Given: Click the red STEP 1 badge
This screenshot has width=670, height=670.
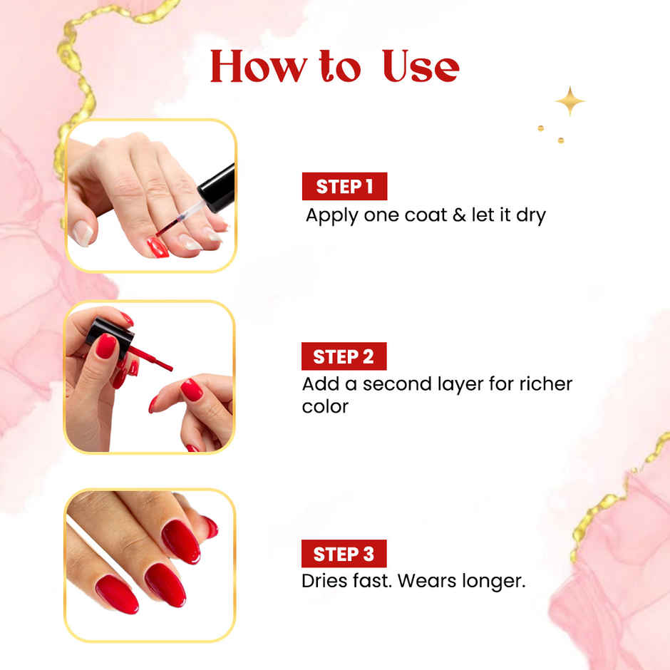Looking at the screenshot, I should click(344, 187).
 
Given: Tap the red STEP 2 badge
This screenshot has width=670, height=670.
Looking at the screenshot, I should click(344, 357).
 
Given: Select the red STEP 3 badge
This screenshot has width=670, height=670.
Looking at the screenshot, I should click(344, 554).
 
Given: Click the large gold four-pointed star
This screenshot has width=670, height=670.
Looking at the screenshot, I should click(569, 101).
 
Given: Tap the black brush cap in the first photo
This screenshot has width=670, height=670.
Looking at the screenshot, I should click(218, 187).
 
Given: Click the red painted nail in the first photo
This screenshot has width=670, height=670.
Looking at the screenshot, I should click(157, 247).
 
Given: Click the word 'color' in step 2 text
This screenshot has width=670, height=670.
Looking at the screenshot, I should click(325, 407).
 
